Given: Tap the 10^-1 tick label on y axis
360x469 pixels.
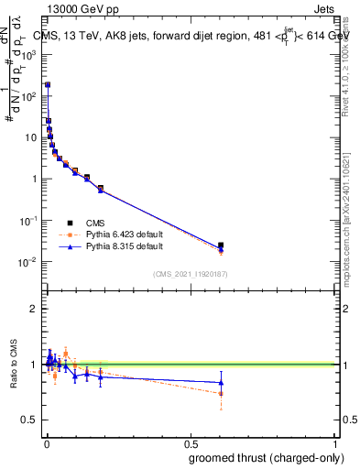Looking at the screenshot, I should click(x=28, y=221).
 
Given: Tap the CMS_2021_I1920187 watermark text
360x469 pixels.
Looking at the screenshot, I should click(x=190, y=274).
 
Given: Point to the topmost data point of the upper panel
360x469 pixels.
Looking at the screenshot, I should click(x=48, y=84).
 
